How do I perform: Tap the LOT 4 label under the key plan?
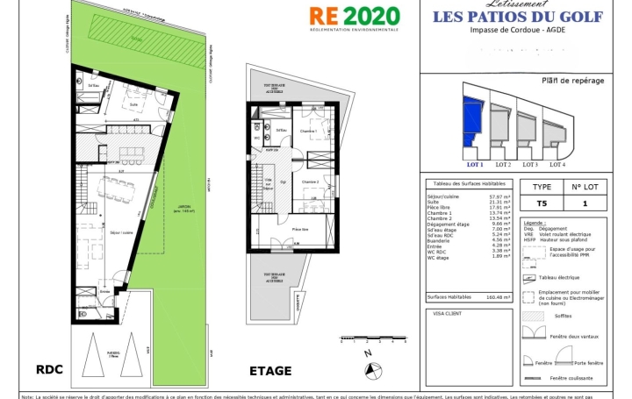pos(557,164)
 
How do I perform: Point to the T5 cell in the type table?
pos(542,203)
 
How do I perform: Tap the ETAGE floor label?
pos(270,371)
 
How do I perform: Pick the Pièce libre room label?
pos(300,227)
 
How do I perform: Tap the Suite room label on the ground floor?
pos(134,103)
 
